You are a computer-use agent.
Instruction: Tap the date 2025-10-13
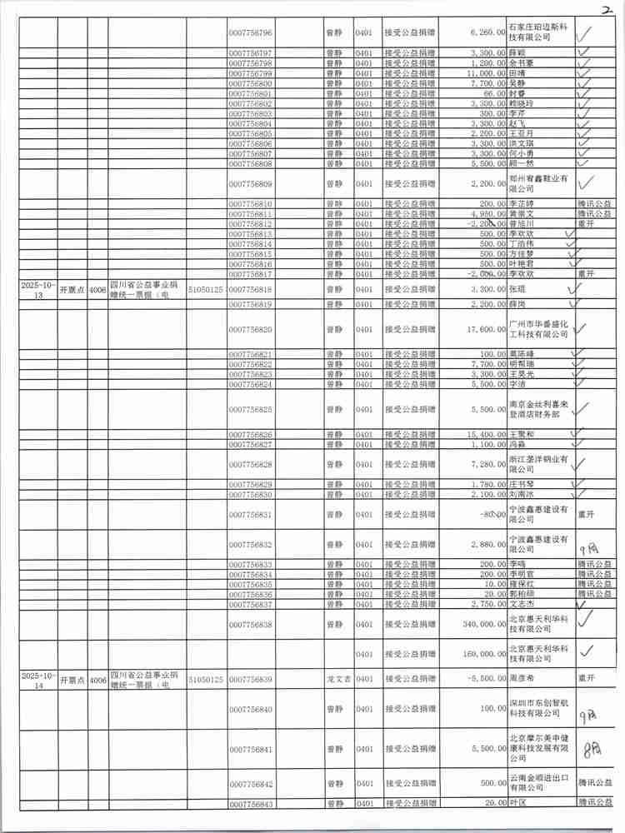tap(38, 289)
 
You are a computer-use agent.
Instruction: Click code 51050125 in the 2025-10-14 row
tap(206, 680)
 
